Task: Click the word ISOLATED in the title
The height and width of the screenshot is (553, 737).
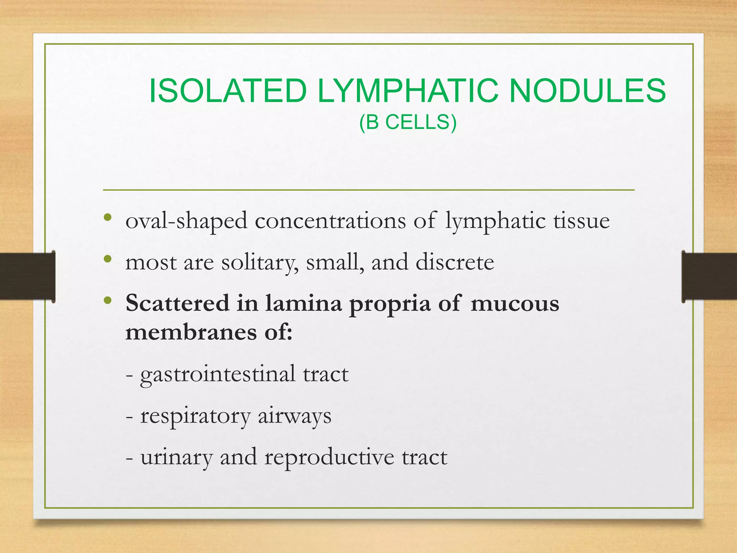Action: (x=227, y=91)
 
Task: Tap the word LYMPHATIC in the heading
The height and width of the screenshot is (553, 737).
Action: (x=408, y=91)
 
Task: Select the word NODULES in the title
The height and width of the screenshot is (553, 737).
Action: (x=587, y=91)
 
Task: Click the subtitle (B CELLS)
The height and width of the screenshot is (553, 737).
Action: (x=408, y=122)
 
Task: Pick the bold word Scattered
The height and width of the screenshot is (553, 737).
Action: (x=177, y=303)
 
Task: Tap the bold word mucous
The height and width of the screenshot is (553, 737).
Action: (x=515, y=303)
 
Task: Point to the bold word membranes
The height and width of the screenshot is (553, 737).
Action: (x=191, y=332)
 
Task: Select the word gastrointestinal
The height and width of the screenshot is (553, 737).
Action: (x=218, y=374)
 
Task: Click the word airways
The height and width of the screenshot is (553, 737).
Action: (x=294, y=417)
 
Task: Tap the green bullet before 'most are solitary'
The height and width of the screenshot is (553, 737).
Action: (x=107, y=259)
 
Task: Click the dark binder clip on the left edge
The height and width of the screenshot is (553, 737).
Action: (x=27, y=276)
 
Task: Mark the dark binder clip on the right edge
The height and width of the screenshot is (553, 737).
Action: (x=709, y=276)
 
